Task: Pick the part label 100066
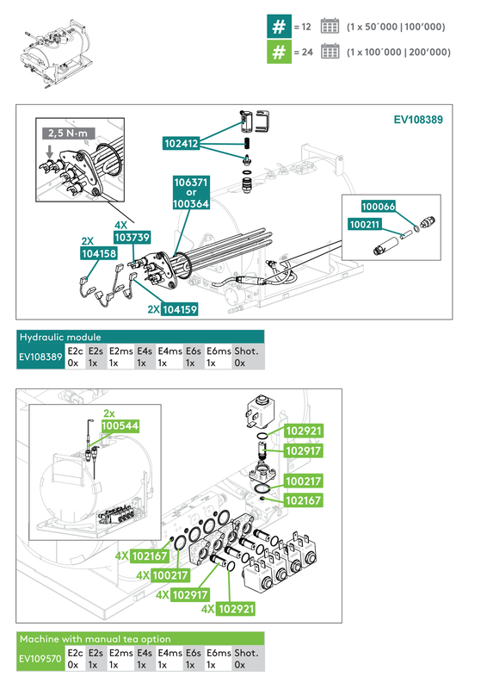click(378, 207)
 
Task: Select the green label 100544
click(120, 425)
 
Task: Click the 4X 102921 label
click(229, 608)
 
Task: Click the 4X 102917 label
click(183, 594)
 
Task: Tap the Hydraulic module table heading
click(60, 337)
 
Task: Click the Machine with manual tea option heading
click(96, 639)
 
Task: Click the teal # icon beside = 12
click(278, 27)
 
